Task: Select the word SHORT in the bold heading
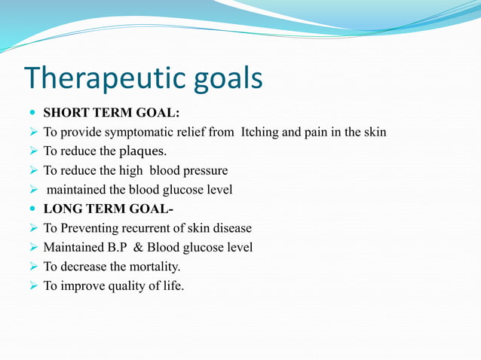pyautogui.click(x=64, y=113)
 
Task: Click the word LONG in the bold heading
pyautogui.click(x=61, y=209)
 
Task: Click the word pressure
pyautogui.click(x=204, y=170)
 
